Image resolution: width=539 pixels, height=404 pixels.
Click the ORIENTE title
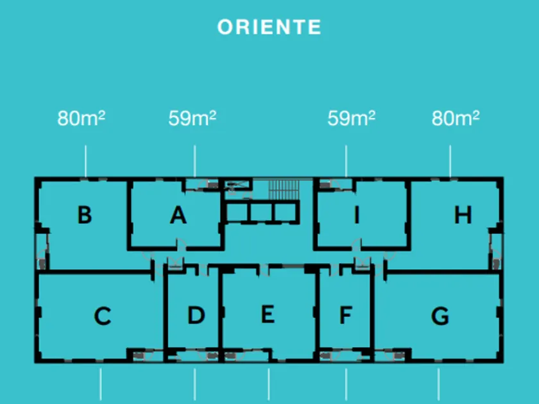pos(269,27)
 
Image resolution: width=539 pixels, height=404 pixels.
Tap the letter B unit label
pos(84,215)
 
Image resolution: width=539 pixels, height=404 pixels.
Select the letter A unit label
pos(178,215)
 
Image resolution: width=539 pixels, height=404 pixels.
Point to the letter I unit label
pos(357,215)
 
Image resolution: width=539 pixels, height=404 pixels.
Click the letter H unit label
pos(463,215)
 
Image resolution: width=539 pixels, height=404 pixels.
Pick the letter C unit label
pos(103,316)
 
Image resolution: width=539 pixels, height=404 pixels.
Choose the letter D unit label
pos(196,315)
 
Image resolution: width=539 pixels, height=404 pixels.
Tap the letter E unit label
pos(268,314)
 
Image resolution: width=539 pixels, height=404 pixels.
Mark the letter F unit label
pos(346,316)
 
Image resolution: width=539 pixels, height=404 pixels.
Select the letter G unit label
pos(440,316)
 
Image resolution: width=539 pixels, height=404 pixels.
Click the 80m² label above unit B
pos(81,119)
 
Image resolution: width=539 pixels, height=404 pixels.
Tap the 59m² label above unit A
pos(193,119)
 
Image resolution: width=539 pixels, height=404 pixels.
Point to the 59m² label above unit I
pos(351,119)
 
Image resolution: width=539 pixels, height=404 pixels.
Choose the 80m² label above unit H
pos(456,119)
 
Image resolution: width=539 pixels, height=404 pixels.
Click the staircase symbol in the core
pos(283,190)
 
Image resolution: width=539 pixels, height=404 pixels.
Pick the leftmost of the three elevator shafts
pos(237,212)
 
